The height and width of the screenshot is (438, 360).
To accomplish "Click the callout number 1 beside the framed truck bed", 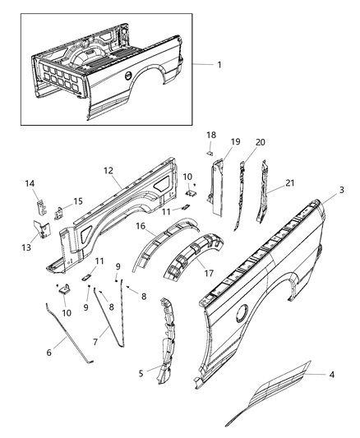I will click(x=218, y=65).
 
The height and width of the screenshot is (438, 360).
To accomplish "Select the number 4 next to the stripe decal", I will click(x=332, y=376).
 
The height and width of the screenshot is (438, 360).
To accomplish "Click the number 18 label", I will click(x=210, y=134).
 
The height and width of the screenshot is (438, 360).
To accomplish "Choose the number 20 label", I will click(x=261, y=141).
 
